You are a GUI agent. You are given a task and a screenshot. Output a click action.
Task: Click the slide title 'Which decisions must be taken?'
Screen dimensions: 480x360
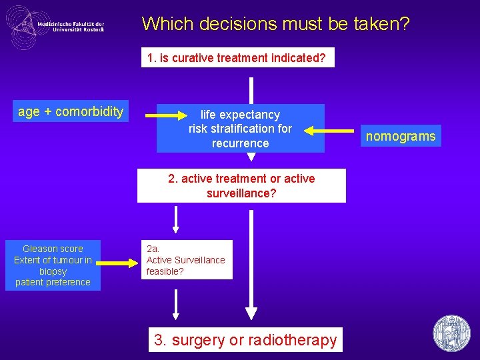[275, 24]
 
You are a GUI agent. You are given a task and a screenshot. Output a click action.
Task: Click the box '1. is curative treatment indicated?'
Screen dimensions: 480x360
[237, 58]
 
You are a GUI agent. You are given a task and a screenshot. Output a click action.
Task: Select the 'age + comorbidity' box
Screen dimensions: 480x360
[71, 111]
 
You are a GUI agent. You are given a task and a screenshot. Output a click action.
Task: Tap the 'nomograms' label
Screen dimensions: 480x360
[401, 137]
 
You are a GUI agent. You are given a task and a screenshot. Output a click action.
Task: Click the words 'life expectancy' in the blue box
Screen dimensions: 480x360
[240, 115]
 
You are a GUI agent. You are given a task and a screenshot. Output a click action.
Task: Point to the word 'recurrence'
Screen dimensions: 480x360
[240, 143]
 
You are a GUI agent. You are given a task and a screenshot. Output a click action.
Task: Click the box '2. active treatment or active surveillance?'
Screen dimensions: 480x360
[241, 185]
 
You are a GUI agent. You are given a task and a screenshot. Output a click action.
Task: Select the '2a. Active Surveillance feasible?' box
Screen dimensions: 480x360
[186, 260]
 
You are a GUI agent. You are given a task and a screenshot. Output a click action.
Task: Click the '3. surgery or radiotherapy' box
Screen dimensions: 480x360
[245, 340]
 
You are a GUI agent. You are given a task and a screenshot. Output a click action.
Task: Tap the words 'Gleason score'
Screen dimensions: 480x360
[53, 249]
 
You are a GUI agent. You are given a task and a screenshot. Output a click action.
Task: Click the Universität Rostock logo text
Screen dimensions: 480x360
[71, 27]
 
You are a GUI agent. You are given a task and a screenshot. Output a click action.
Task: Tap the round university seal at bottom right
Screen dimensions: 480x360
[451, 333]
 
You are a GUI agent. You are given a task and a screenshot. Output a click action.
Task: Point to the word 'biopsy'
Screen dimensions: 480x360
[53, 271]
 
